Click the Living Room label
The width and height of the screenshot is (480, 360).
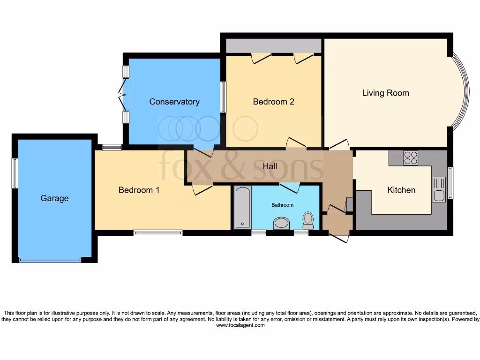385,93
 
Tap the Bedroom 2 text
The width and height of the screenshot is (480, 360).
273,102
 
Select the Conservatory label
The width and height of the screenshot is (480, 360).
174,102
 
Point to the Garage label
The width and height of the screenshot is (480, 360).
54,198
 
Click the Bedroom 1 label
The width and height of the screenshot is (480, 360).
135,190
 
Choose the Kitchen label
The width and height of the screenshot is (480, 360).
401,190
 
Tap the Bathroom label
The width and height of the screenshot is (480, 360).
283,205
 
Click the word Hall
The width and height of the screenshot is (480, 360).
270,166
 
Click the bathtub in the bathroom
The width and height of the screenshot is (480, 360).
242,207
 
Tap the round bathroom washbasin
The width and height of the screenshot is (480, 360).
282,223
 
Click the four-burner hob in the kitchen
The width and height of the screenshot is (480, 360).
411,157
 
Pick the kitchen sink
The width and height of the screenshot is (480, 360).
439,190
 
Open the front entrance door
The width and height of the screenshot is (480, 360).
340,237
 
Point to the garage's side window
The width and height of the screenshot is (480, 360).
15,173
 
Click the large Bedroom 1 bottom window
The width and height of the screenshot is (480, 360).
158,232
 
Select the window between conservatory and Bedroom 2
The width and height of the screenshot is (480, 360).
223,97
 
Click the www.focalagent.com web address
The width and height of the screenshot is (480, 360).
240,325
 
